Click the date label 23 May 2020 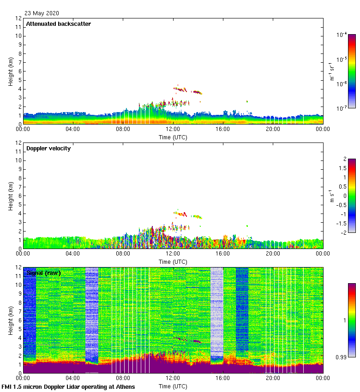[42, 13]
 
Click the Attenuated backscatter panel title [58, 24]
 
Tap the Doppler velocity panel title [48, 148]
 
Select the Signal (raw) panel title [43, 273]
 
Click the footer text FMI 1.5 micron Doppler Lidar [68, 386]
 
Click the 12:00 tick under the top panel [173, 130]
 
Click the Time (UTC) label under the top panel [173, 137]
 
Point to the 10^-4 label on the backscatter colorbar [342, 35]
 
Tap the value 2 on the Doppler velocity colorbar [344, 160]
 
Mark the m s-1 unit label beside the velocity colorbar [332, 196]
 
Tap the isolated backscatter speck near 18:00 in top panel [247, 101]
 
